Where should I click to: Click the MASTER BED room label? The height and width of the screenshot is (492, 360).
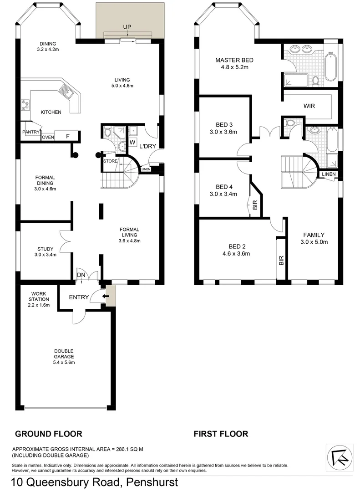coord(234,60)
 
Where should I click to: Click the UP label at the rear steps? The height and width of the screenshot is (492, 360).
coord(127,27)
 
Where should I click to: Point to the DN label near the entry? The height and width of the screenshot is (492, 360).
coord(81,275)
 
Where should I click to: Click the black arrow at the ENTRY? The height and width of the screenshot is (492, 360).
coord(106,297)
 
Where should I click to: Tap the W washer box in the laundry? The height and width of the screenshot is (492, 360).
coord(132,142)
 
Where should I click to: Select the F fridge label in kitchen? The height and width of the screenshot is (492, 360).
coord(68,136)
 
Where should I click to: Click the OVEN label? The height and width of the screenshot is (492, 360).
coord(48,137)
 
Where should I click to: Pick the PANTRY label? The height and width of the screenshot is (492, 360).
coord(30,132)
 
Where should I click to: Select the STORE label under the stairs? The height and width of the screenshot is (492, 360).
coord(110,161)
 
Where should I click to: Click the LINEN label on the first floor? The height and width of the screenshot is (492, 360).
coord(329,174)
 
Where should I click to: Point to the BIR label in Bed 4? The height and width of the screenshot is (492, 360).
coord(255,206)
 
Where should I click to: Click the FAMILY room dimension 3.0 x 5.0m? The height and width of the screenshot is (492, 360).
coord(314,242)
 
